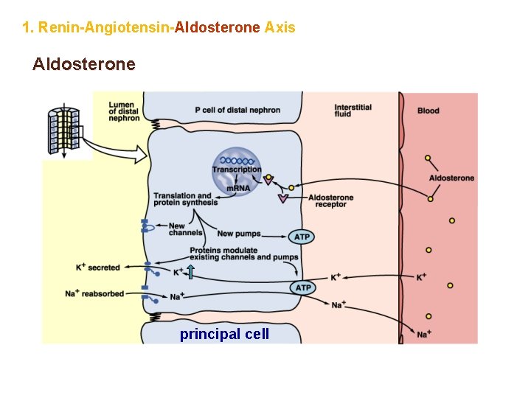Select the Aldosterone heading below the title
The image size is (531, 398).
coord(84,65)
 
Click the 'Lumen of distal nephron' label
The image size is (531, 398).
coord(124,111)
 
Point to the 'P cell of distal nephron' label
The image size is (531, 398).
coord(237,111)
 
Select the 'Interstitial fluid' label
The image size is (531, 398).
coord(353,111)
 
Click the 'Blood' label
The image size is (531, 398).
coord(428,111)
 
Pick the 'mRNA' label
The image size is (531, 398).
coord(237,189)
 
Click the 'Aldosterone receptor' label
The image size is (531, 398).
coord(330,201)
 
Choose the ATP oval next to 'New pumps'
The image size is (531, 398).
coord(302,237)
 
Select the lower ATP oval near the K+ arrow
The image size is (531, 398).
coord(302,287)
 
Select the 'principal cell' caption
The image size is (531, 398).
coord(224,334)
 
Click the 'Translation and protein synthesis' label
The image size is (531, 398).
coord(185,200)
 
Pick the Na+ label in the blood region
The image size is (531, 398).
coord(423,335)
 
